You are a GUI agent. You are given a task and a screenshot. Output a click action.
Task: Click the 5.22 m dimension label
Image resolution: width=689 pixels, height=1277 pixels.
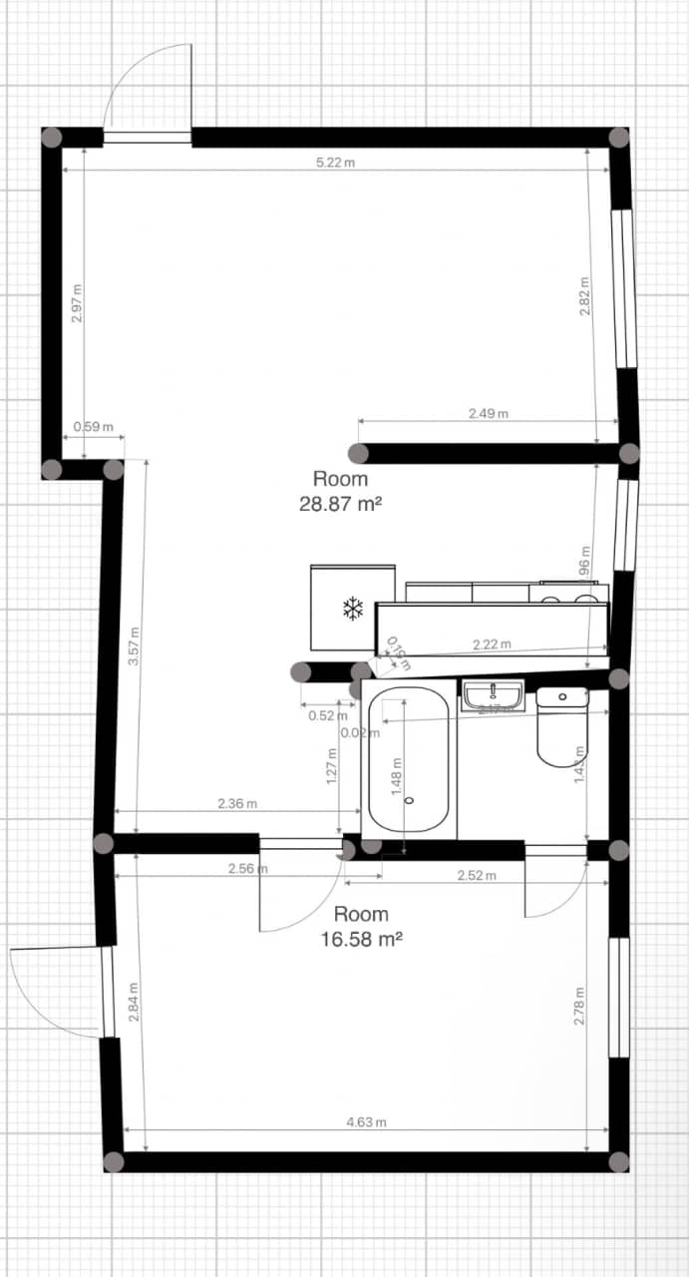tap(335, 163)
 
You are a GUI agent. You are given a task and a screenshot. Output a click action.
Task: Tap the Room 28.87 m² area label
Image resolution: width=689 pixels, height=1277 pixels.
tap(340, 492)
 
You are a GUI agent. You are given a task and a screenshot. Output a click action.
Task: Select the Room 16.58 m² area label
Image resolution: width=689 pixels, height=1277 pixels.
tap(361, 926)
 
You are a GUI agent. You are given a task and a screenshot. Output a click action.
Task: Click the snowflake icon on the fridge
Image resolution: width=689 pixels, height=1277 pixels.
tap(352, 609)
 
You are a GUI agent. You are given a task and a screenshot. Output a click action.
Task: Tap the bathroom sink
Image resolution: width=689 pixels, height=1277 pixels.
tap(493, 694)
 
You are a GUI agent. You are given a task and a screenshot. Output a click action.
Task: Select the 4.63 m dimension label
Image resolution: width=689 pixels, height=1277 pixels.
tap(366, 1122)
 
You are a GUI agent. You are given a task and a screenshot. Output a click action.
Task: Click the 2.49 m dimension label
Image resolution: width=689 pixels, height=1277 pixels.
tap(489, 413)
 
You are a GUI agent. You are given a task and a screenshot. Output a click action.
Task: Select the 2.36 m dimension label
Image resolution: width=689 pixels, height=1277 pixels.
tap(237, 803)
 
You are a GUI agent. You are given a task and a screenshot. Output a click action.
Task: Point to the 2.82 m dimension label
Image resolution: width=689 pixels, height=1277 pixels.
tap(585, 296)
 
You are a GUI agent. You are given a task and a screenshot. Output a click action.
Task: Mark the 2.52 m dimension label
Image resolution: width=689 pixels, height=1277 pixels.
tap(477, 876)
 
